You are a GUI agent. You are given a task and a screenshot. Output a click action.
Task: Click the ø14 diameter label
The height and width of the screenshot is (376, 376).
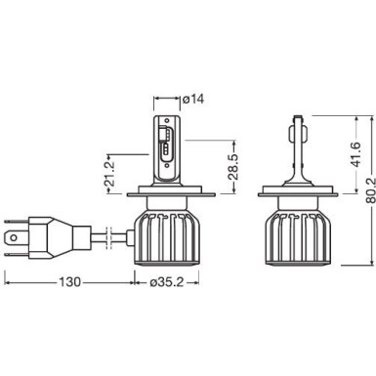coord(193,99)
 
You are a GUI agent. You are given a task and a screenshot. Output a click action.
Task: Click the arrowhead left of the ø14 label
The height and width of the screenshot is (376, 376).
coord(158,99)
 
